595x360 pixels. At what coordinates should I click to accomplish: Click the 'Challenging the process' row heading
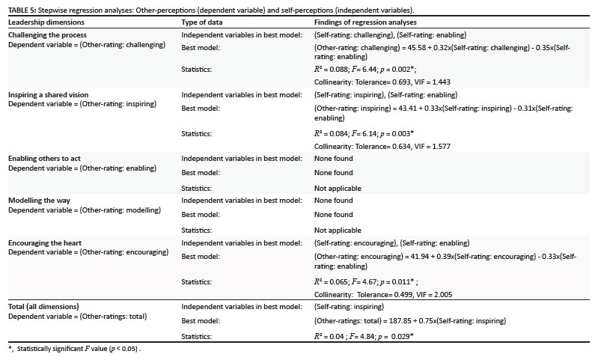click(47, 35)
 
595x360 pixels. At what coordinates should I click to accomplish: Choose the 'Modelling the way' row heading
click(40, 201)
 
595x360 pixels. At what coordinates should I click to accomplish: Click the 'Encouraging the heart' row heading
click(45, 243)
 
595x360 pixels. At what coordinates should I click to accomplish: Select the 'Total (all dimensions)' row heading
click(43, 307)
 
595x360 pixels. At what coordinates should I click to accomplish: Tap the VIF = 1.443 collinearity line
click(382, 82)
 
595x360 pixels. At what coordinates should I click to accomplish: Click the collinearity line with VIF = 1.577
click(382, 146)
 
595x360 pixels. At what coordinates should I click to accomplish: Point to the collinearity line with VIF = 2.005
click(383, 295)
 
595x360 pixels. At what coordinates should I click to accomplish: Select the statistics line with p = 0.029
click(363, 336)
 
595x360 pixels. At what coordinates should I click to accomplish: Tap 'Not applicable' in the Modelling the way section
click(338, 231)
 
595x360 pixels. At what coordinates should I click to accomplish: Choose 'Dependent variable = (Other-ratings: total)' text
click(78, 317)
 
